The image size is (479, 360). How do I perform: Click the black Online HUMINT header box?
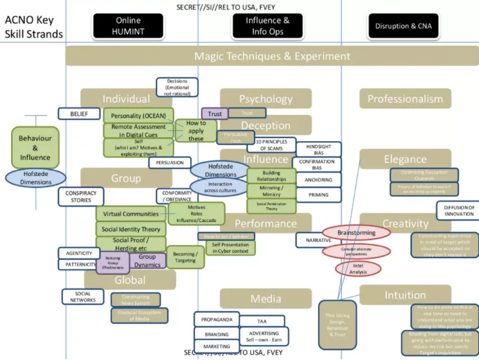128,26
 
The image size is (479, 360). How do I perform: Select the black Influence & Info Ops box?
268,26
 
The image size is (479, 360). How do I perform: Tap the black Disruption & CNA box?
404,26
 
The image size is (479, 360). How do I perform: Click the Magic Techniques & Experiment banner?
272,56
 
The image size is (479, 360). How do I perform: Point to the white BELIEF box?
79,114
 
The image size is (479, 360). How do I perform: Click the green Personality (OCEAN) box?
139,116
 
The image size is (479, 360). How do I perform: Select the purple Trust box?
214,114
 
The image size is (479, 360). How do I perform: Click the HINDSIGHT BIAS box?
318,150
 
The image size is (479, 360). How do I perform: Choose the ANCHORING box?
318,180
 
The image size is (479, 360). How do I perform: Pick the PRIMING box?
318,195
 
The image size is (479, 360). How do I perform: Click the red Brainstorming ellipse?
356,233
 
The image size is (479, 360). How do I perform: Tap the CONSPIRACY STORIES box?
81,196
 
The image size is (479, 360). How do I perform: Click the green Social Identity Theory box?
130,229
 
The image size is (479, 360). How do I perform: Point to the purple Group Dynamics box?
147,261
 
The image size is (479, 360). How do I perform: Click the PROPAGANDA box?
217,320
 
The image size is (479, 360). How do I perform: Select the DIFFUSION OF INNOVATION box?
458,210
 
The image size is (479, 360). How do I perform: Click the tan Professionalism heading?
405,99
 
